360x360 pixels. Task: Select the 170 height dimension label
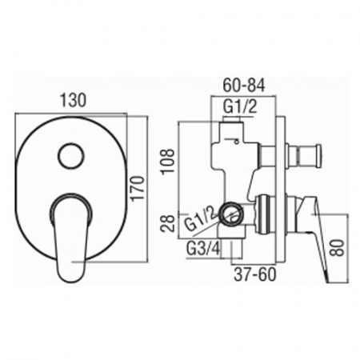138,187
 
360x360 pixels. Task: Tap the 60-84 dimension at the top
243,86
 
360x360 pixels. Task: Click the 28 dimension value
168,223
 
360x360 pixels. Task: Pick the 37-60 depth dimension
254,275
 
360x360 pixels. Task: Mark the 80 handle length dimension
338,248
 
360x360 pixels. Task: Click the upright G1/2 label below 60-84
240,107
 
